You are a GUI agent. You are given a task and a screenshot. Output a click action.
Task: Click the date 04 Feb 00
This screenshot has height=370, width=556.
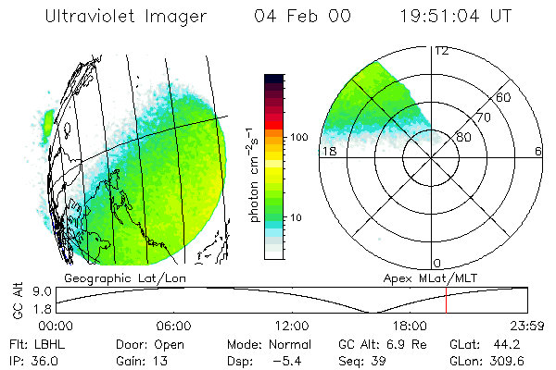coord(297,18)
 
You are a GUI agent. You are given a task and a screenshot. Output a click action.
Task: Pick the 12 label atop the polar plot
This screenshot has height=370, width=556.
coord(441,50)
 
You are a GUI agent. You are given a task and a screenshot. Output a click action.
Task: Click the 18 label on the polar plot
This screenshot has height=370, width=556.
coord(327,151)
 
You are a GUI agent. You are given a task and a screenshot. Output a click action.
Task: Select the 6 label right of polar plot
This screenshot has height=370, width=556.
coord(538,151)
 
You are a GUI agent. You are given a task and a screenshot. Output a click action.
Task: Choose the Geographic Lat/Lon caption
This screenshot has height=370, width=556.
coord(111,277)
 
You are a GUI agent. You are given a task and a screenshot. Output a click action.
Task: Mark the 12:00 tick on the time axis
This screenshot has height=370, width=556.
coord(292,327)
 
